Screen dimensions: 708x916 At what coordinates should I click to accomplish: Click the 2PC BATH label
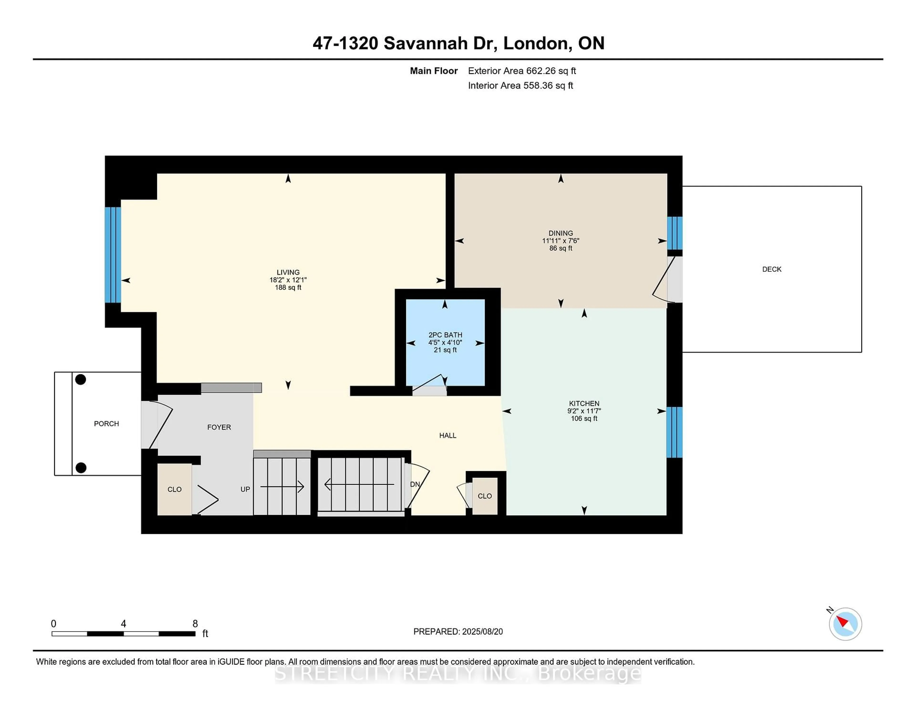click(x=445, y=335)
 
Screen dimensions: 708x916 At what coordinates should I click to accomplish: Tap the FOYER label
click(x=219, y=427)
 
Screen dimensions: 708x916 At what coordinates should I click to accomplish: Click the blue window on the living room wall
click(x=113, y=255)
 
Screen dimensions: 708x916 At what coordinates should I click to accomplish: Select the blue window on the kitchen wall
click(x=674, y=432)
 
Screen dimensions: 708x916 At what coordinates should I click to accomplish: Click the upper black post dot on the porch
click(x=81, y=380)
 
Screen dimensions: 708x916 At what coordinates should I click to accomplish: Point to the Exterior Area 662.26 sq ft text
click(x=522, y=71)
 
